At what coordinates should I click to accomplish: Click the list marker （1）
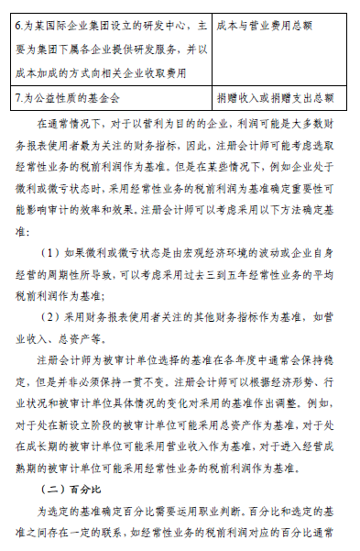(x=50, y=251)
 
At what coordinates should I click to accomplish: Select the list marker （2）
(x=50, y=316)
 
